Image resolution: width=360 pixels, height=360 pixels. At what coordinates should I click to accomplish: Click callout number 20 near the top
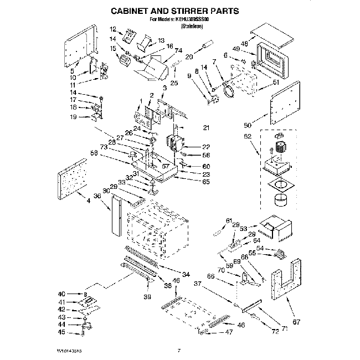(x=189, y=56)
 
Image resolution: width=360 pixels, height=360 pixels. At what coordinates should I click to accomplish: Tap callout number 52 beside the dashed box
(x=247, y=136)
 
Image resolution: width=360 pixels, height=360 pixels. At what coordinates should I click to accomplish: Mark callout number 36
(x=97, y=196)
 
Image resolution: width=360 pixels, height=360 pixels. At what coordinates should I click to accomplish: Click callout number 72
(x=275, y=331)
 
